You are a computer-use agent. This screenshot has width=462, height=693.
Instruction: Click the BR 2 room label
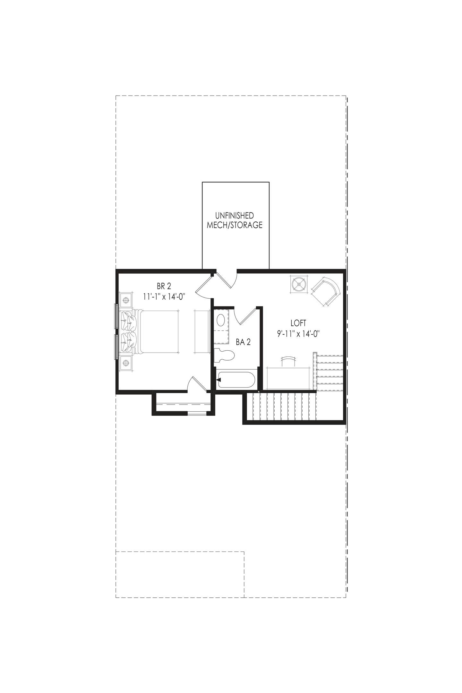[x=164, y=286]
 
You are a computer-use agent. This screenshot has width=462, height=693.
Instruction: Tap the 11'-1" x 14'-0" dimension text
[x=164, y=296]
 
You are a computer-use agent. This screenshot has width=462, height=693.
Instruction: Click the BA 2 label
[x=243, y=342]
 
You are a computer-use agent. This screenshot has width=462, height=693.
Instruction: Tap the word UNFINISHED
[x=235, y=215]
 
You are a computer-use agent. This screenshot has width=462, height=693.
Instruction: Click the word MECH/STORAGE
[x=235, y=225]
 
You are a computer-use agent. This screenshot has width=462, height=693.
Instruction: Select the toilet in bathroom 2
[x=224, y=355]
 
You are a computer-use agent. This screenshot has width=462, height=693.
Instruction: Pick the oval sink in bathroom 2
[x=221, y=320]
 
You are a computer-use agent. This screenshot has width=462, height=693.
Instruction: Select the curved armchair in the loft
[x=325, y=292]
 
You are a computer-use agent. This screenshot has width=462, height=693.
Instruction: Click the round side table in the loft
[x=299, y=284]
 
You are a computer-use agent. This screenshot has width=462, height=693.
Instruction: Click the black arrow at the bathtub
[x=219, y=380]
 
